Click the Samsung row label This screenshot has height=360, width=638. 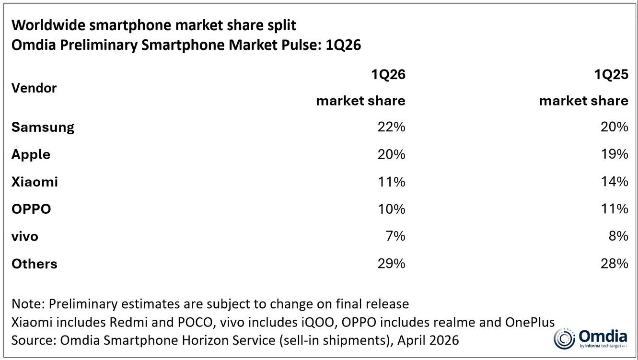click(x=43, y=128)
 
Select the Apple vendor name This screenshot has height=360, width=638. click(x=31, y=154)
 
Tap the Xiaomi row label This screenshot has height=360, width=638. click(x=35, y=182)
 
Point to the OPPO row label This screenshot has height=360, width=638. click(x=31, y=209)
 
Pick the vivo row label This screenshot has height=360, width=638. click(x=24, y=236)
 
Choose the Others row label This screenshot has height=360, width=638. click(x=34, y=264)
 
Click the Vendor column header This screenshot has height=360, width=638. click(x=34, y=88)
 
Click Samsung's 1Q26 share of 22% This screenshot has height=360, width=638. click(x=392, y=127)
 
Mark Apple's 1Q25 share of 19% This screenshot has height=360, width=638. click(x=615, y=154)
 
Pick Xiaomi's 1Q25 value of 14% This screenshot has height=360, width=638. click(x=615, y=182)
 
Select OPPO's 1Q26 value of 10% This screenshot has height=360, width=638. click(x=392, y=209)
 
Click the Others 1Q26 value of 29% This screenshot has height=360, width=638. click(x=392, y=264)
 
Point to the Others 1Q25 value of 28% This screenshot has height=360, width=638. click(x=615, y=264)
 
